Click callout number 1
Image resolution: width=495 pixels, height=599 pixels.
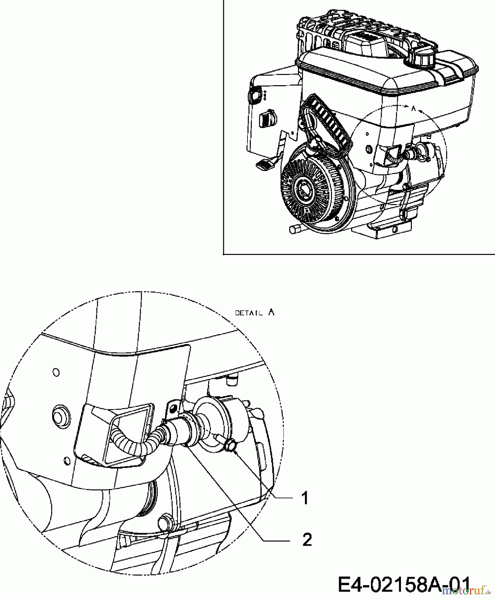pos(305,499)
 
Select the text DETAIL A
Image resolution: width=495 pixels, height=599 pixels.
pos(255,312)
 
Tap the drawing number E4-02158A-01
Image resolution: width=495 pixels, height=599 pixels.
pos(405,584)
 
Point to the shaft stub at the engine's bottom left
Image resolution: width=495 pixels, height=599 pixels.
pos(295,230)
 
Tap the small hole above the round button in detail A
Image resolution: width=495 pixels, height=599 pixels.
pos(56,372)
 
